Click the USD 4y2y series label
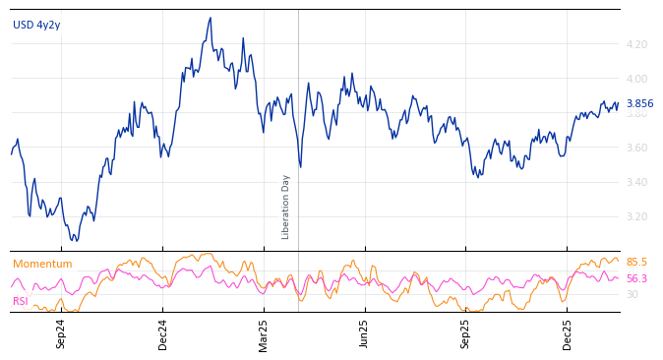tap(36, 26)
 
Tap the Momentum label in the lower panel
tap(42, 265)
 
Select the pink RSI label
tap(21, 301)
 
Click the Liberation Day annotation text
tap(286, 207)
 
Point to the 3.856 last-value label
tap(639, 104)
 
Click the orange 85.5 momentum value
tap(636, 263)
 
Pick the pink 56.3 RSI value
tap(636, 279)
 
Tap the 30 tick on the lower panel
tap(632, 294)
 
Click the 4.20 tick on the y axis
tap(635, 44)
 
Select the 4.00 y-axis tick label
tap(635, 79)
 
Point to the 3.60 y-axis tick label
tap(635, 148)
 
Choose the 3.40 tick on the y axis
tap(635, 182)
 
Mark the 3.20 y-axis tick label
tap(635, 216)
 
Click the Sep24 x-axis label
tap(61, 333)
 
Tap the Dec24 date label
tap(163, 333)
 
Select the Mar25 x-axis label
tap(264, 333)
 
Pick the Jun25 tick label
tap(364, 333)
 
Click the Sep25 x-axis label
tap(465, 333)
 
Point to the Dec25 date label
tap(568, 333)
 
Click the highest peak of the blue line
tap(211, 18)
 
